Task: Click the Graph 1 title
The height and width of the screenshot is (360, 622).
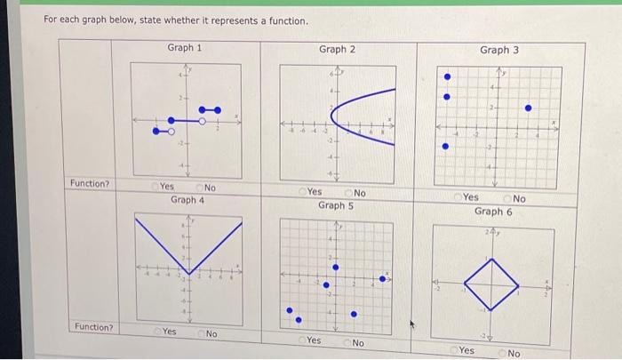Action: click(184, 47)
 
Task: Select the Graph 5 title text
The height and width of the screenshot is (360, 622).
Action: click(336, 205)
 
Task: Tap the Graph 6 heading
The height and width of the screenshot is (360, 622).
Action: click(493, 212)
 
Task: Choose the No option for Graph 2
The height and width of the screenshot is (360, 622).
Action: click(348, 193)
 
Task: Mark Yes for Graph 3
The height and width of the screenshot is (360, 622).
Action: click(458, 197)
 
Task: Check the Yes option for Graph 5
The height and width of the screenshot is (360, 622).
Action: click(302, 340)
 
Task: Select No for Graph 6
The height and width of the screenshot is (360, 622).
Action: click(502, 353)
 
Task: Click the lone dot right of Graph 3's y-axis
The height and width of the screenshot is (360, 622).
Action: click(528, 108)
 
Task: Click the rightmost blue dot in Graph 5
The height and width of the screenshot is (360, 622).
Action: click(383, 278)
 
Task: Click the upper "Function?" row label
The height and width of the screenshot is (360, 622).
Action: click(90, 183)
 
